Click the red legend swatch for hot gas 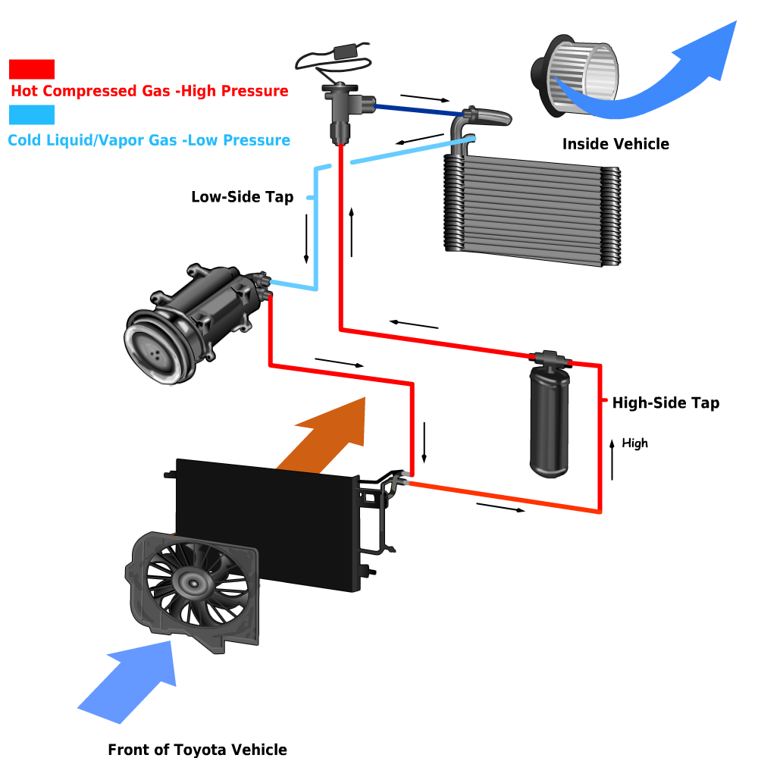click(32, 69)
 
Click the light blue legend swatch click(32, 114)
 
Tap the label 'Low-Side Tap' click(242, 197)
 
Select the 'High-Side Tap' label click(665, 403)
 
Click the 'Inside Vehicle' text click(615, 144)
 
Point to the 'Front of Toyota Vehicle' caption click(197, 750)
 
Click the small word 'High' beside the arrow click(634, 443)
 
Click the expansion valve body click(340, 110)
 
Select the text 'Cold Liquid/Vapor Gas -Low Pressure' click(149, 140)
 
